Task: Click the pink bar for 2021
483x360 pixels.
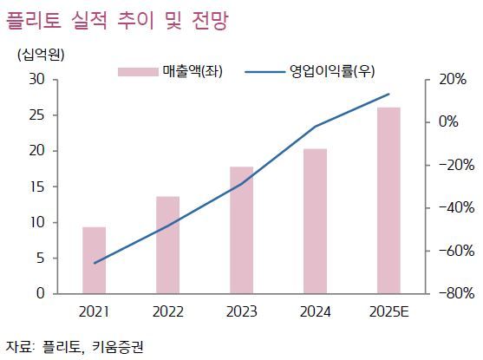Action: [94, 260]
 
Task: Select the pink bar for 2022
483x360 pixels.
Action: [167, 245]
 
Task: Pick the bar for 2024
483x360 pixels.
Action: [315, 221]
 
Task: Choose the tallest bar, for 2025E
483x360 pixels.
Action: [388, 200]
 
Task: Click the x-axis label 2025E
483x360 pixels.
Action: [388, 311]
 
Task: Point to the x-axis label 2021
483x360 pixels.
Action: [94, 311]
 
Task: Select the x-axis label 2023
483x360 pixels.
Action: [241, 311]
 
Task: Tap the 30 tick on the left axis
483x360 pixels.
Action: [37, 79]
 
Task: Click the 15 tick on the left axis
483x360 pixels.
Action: [37, 187]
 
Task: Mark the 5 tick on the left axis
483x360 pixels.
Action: [41, 259]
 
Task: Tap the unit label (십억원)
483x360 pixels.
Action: [40, 54]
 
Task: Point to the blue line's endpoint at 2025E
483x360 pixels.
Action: [388, 94]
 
